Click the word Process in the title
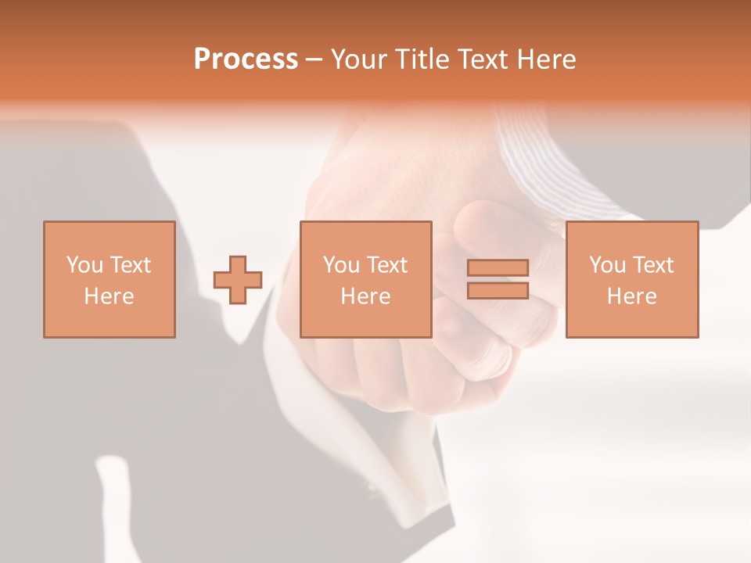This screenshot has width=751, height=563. coord(246,59)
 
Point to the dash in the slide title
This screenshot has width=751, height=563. coord(314,59)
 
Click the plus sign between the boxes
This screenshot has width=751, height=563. coord(238,280)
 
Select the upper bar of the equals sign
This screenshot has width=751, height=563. coord(498,267)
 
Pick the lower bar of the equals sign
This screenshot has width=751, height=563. coord(498,291)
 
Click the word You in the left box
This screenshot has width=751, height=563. coord(85,265)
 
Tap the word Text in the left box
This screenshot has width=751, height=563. coord(130,265)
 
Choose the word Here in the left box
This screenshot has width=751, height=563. coord(109,296)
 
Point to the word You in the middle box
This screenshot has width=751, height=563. coord(342,265)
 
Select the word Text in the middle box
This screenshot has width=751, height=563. coord(386,265)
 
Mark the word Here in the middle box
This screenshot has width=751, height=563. coord(365,296)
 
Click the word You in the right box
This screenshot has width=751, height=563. coord(608,265)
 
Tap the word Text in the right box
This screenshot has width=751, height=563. coord(652,265)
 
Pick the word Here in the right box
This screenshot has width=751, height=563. coord(631,296)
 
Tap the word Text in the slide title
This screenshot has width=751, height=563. coord(485,59)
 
